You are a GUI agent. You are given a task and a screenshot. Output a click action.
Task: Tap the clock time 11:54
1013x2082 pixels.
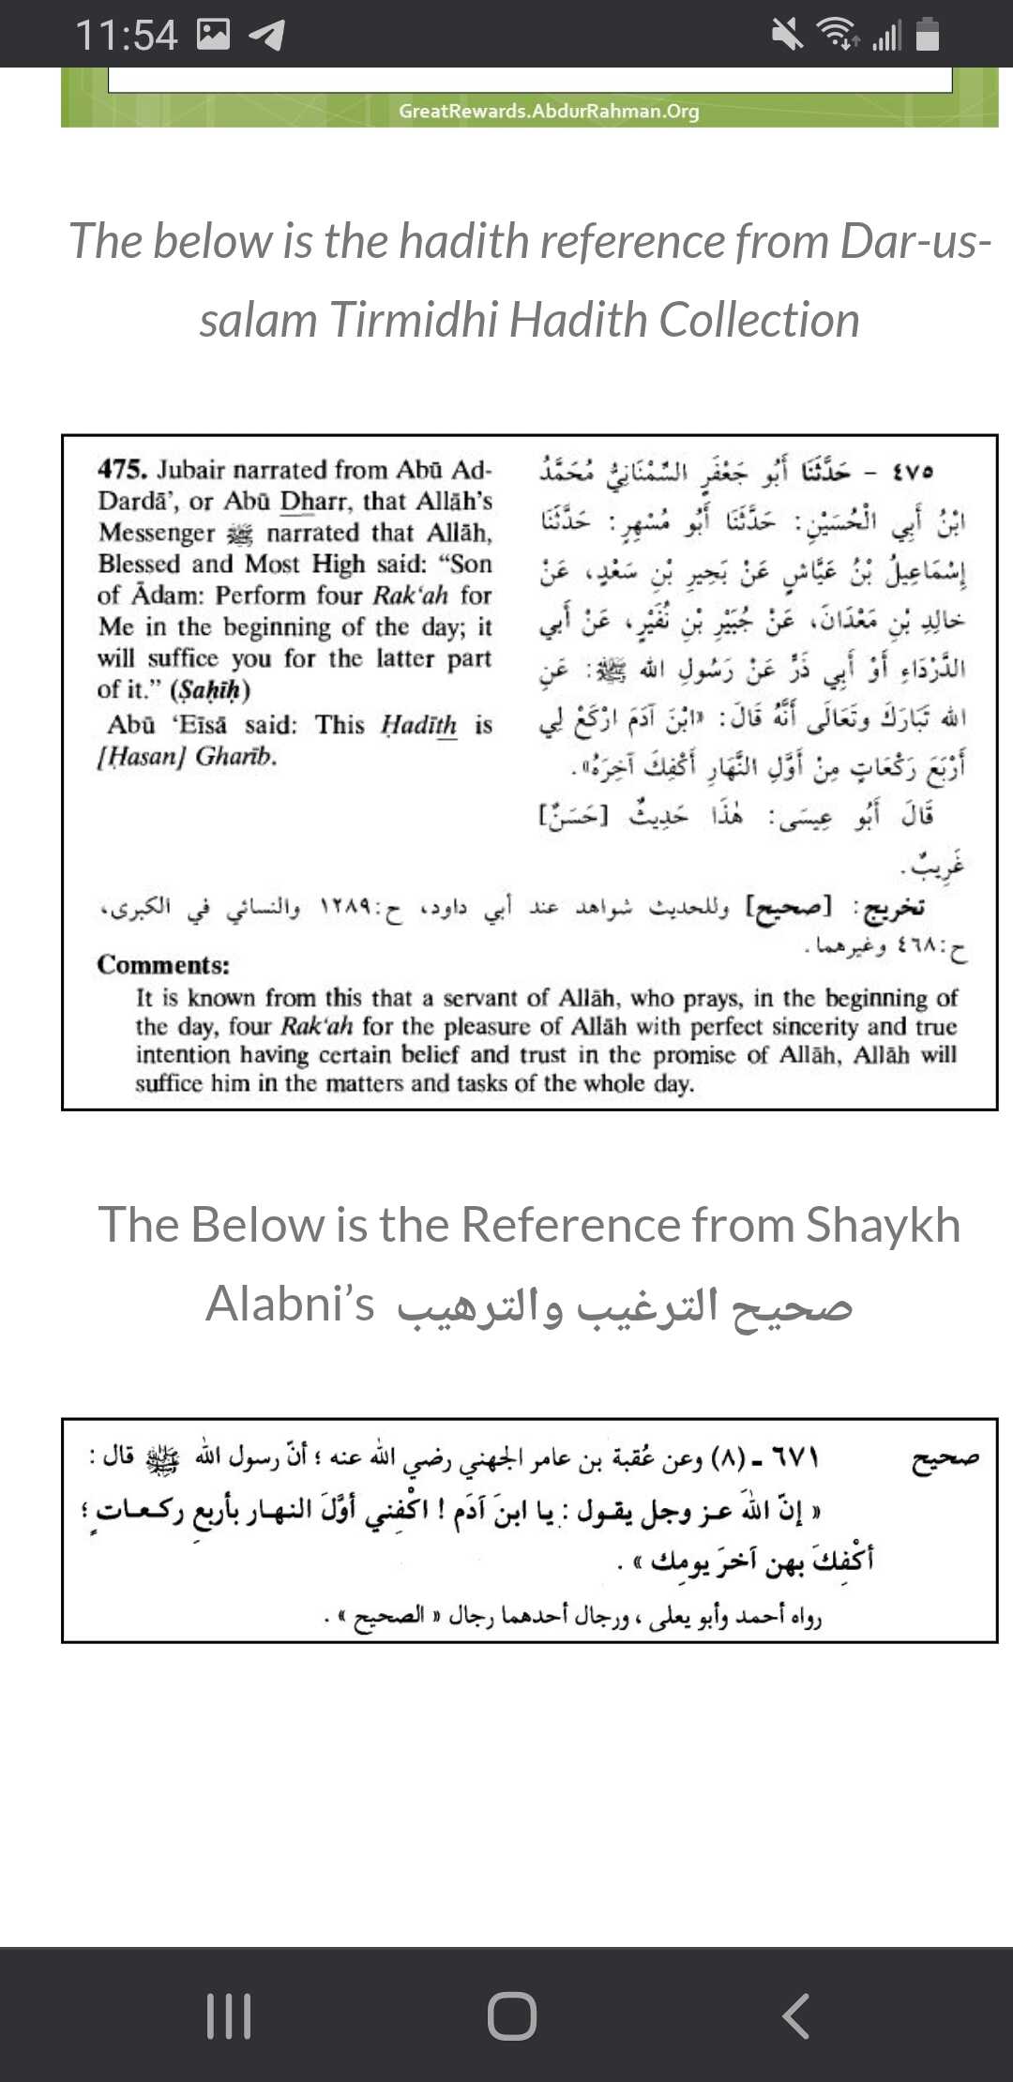pyautogui.click(x=126, y=36)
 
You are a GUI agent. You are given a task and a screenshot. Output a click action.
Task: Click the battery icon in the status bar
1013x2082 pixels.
pyautogui.click(x=928, y=35)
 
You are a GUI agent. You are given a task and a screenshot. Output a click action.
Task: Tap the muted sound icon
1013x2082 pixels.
pyautogui.click(x=787, y=35)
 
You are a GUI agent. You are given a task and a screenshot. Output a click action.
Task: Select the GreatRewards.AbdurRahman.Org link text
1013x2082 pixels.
pyautogui.click(x=549, y=111)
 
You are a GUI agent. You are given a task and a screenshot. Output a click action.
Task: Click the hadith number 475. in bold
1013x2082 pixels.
pyautogui.click(x=122, y=469)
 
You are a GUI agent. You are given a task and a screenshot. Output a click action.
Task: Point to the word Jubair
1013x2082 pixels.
pyautogui.click(x=191, y=469)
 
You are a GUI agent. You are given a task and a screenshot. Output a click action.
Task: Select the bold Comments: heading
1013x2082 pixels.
pyautogui.click(x=163, y=965)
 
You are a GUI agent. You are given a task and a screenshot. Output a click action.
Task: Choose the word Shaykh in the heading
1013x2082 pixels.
pyautogui.click(x=884, y=1225)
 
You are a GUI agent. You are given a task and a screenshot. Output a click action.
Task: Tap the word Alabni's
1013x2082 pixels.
pyautogui.click(x=290, y=1304)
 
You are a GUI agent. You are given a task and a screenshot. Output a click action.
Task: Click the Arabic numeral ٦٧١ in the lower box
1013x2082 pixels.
pyautogui.click(x=795, y=1458)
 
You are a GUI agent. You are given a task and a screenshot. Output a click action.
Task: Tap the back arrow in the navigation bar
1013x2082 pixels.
pyautogui.click(x=795, y=2015)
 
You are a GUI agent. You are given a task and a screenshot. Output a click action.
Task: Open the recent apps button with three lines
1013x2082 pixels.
pyautogui.click(x=228, y=2015)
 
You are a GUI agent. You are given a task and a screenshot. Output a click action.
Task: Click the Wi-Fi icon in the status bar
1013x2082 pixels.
pyautogui.click(x=838, y=35)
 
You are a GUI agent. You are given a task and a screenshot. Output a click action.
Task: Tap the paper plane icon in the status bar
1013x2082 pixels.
pyautogui.click(x=266, y=36)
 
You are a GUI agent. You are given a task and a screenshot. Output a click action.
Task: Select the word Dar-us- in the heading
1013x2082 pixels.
pyautogui.click(x=915, y=241)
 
